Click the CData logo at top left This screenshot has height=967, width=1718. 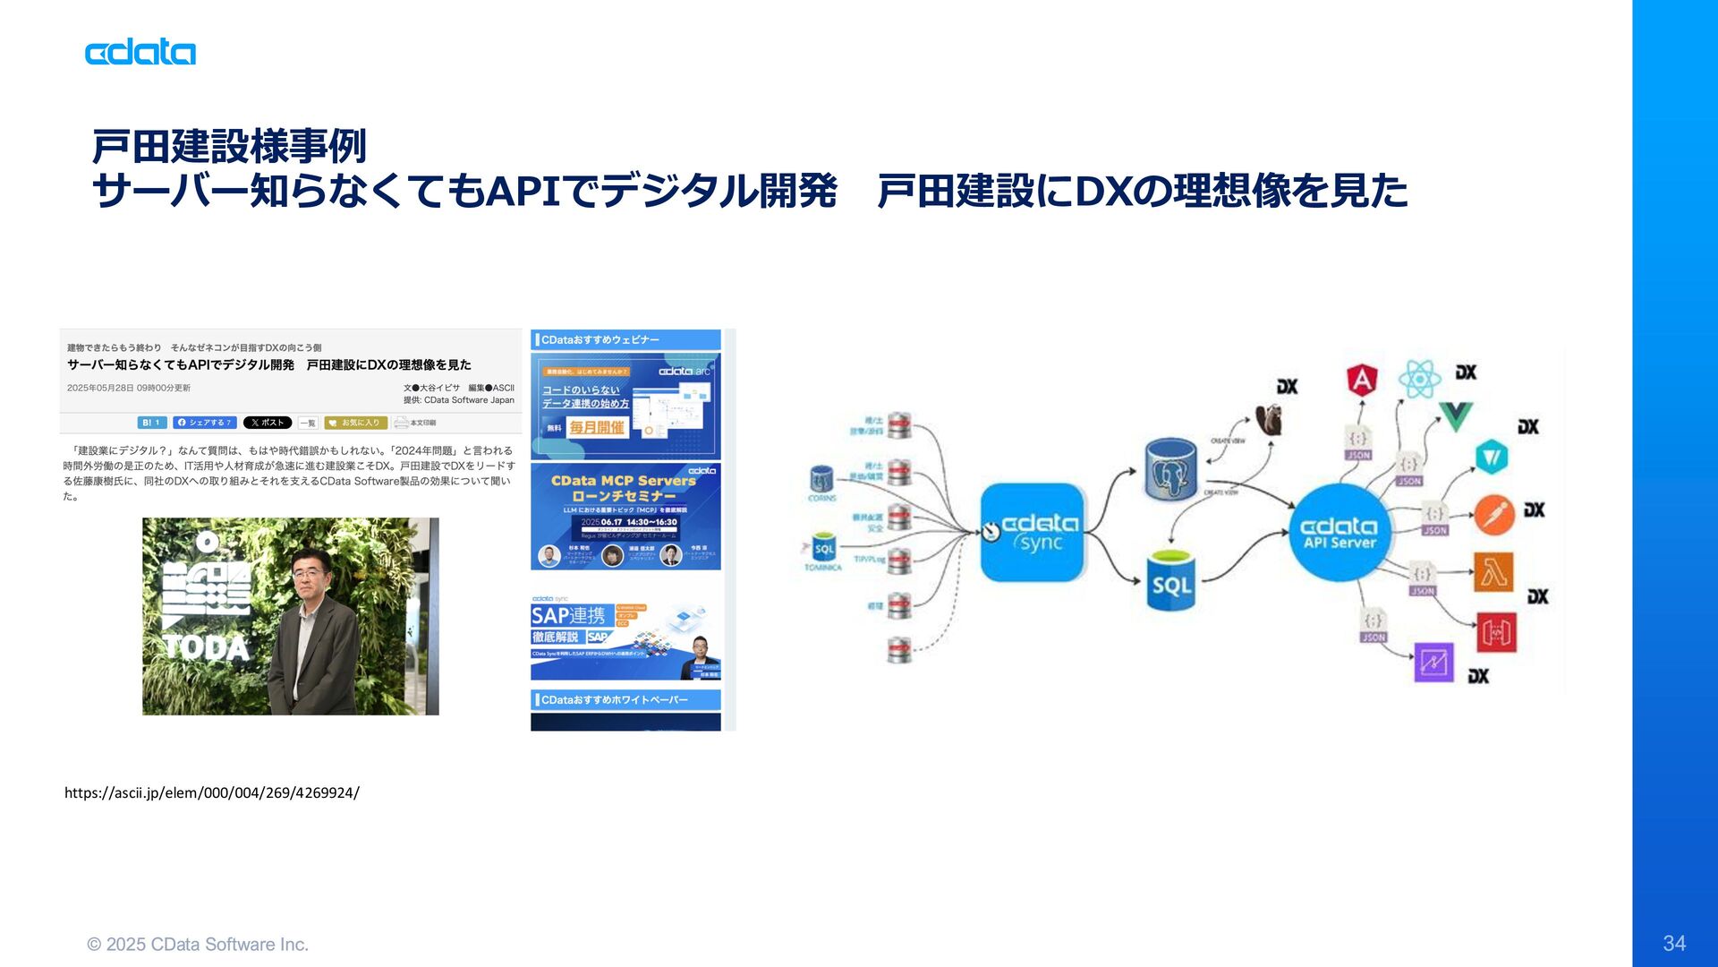point(140,52)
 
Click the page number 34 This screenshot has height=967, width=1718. point(1674,943)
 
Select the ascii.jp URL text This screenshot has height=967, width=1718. point(212,792)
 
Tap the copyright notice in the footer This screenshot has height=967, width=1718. point(198,944)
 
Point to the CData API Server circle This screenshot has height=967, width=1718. point(1339,532)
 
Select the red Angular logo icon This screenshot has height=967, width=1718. point(1361,381)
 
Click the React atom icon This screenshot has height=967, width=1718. point(1419,379)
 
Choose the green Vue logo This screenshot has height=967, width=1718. point(1455,416)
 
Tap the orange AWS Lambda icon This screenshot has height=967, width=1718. point(1493,572)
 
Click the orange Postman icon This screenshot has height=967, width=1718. point(1493,515)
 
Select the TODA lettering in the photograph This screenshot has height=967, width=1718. point(206,646)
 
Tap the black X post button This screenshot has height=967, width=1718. point(268,423)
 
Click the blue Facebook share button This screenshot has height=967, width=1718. point(206,423)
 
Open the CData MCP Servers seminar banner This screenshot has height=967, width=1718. point(625,517)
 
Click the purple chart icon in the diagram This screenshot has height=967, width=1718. point(1433,663)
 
